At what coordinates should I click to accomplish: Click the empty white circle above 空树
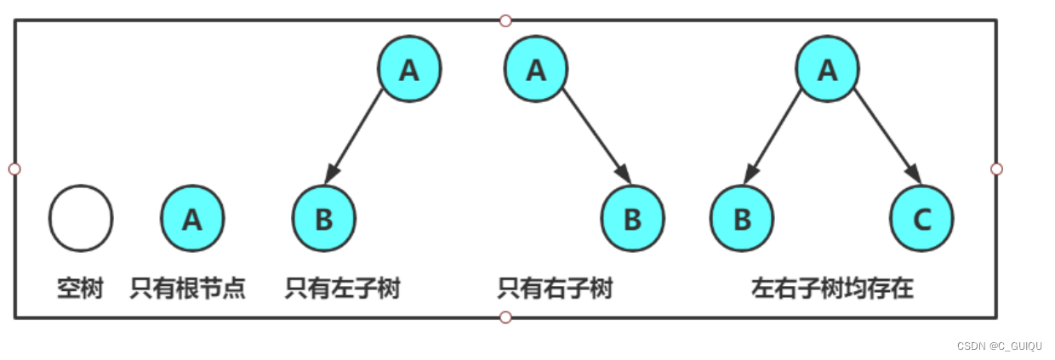pyautogui.click(x=81, y=219)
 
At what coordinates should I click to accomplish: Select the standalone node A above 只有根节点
pyautogui.click(x=192, y=220)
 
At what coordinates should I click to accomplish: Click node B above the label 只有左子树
pyautogui.click(x=323, y=220)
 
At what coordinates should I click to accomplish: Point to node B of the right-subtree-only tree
pyautogui.click(x=632, y=220)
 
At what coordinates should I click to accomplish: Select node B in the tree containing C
pyautogui.click(x=742, y=220)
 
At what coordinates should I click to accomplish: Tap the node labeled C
pyautogui.click(x=922, y=220)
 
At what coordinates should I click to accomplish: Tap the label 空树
pyautogui.click(x=80, y=289)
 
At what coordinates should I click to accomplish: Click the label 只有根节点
pyautogui.click(x=188, y=289)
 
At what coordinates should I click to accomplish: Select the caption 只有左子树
pyautogui.click(x=342, y=289)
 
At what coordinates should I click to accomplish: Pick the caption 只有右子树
pyautogui.click(x=555, y=289)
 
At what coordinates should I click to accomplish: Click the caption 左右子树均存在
pyautogui.click(x=832, y=289)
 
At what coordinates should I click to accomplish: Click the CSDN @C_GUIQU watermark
pyautogui.click(x=999, y=346)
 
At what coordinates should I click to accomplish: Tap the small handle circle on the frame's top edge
pyautogui.click(x=505, y=20)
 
